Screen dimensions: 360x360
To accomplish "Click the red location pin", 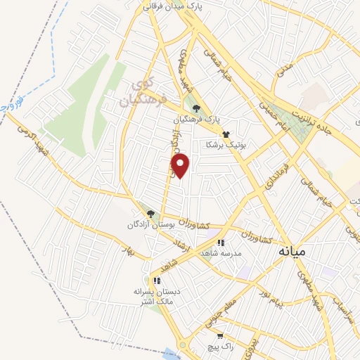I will tap(181, 166).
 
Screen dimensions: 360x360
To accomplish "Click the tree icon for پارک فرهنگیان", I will tap(196, 108).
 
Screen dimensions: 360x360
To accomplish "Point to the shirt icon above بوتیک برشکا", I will tap(226, 134).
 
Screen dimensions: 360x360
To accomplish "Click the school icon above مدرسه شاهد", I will tap(221, 243).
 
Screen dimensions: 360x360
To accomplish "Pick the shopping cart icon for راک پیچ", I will tap(220, 336).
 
